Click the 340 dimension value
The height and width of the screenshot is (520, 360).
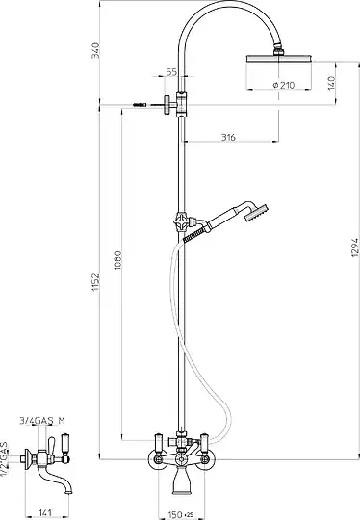tap(95, 50)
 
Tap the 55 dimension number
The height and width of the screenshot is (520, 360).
tap(171, 72)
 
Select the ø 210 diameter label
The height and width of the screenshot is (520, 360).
tap(284, 86)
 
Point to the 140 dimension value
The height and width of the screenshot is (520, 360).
tap(331, 83)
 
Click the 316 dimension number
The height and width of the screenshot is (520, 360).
tap(228, 137)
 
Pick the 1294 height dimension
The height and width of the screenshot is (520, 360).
tap(355, 247)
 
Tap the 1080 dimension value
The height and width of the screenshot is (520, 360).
tap(118, 260)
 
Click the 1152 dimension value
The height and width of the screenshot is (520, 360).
tap(95, 282)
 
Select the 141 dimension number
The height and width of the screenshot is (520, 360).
tap(45, 512)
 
